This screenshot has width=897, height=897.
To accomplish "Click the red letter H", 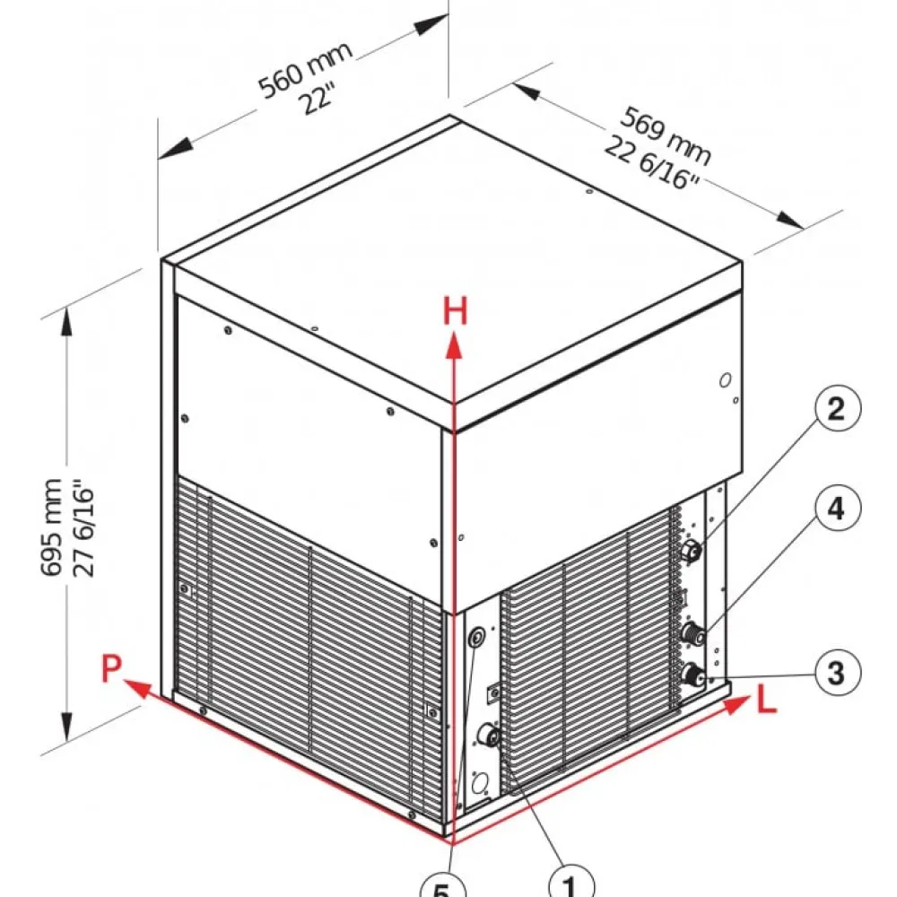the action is [x=456, y=312].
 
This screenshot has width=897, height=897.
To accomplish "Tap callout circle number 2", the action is [x=836, y=408].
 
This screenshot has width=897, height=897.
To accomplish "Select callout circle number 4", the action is [x=836, y=508].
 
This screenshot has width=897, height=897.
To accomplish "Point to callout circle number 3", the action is [x=836, y=672].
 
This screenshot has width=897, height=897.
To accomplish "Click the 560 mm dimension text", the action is [x=305, y=70].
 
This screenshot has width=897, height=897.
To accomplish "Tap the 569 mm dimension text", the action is [x=667, y=135].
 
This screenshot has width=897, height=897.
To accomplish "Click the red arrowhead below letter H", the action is [x=454, y=346].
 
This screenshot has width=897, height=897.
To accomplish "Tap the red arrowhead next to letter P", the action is [x=137, y=688].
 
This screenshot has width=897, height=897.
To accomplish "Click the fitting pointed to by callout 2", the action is [x=691, y=551].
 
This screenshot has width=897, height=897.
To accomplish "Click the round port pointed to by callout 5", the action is [x=476, y=636].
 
